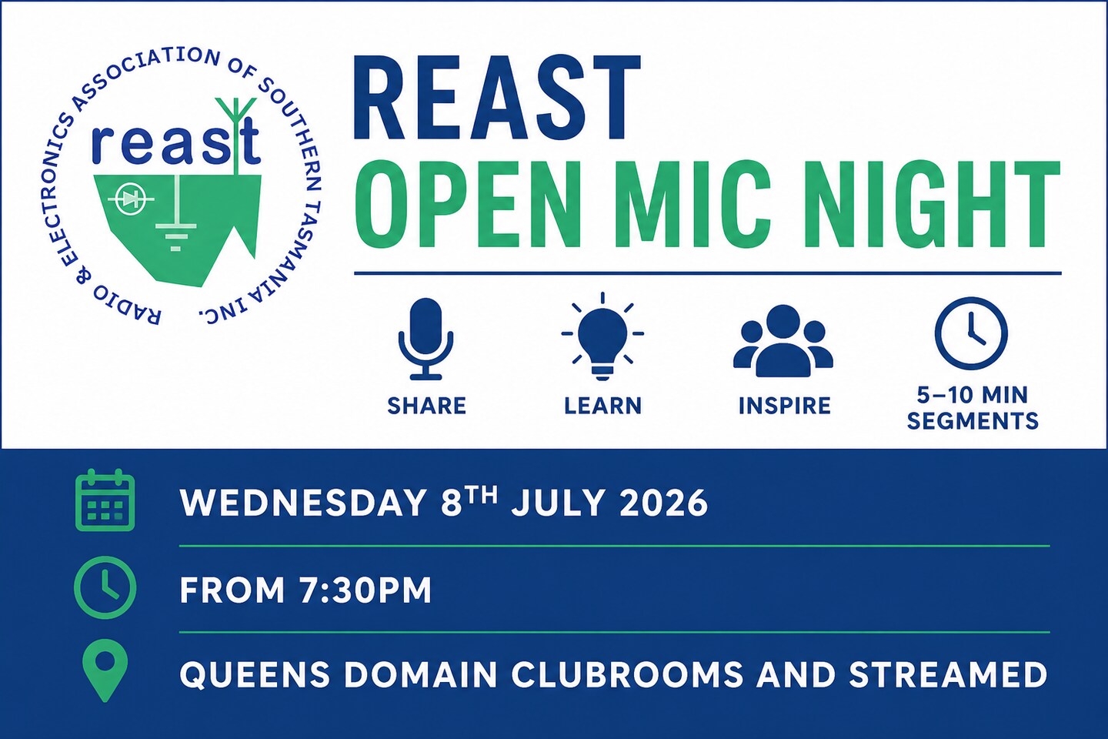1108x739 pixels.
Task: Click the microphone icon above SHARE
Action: (x=426, y=339)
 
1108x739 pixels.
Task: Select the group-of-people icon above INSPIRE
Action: (x=783, y=339)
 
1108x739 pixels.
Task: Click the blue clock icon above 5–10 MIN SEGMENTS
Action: (x=971, y=333)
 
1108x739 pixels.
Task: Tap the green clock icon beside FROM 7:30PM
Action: (x=105, y=587)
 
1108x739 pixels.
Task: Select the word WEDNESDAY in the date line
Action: (x=302, y=504)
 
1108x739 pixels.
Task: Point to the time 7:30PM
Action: (x=365, y=590)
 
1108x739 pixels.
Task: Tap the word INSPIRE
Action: (x=785, y=406)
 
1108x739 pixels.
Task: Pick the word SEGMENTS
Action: (x=973, y=421)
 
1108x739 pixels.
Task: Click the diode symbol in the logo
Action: (x=131, y=199)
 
